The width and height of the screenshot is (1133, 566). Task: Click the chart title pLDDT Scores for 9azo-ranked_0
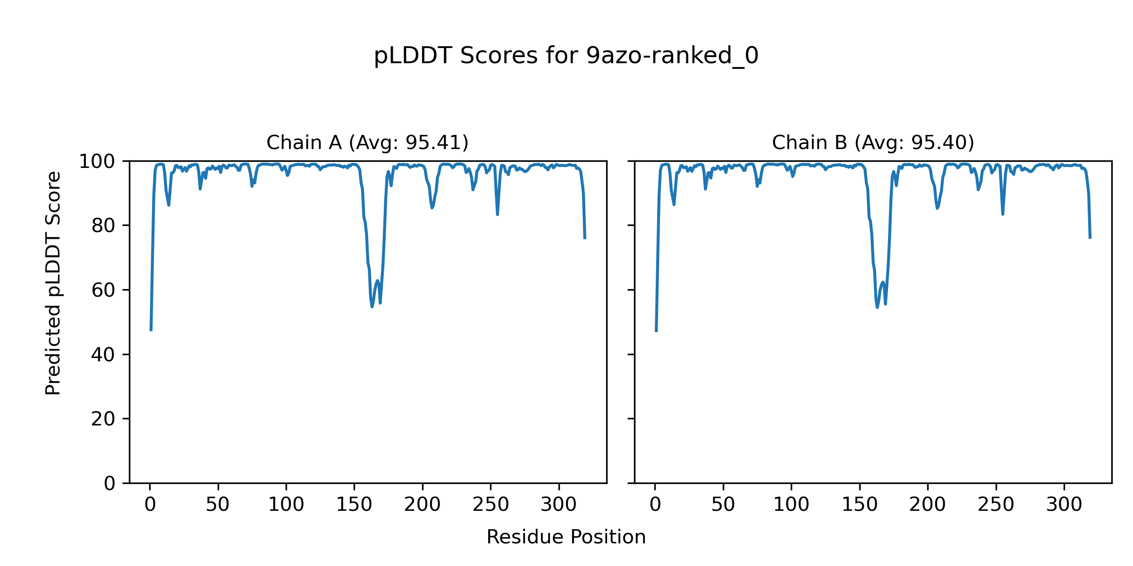pyautogui.click(x=566, y=56)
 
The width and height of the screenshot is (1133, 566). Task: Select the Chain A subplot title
pyautogui.click(x=367, y=142)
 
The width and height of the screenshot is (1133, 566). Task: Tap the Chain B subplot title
pyautogui.click(x=873, y=142)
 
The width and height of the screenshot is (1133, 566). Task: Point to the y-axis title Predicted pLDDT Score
pyautogui.click(x=53, y=283)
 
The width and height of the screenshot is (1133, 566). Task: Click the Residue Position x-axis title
pyautogui.click(x=566, y=537)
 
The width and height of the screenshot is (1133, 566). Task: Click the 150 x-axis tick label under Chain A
pyautogui.click(x=354, y=505)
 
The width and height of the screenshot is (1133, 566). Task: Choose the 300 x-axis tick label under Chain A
pyautogui.click(x=559, y=505)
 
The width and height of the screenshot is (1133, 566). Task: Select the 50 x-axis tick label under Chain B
pyautogui.click(x=723, y=505)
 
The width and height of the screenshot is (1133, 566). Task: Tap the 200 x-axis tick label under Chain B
pyautogui.click(x=928, y=505)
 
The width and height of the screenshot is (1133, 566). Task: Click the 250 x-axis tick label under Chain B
pyautogui.click(x=996, y=505)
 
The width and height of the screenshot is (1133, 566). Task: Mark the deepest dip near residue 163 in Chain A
pyautogui.click(x=372, y=307)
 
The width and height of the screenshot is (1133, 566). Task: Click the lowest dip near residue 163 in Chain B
pyautogui.click(x=877, y=307)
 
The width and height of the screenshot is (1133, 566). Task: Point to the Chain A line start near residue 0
pyautogui.click(x=151, y=330)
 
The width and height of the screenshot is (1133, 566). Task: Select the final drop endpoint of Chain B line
pyautogui.click(x=1090, y=238)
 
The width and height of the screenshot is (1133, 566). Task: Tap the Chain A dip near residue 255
pyautogui.click(x=498, y=214)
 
